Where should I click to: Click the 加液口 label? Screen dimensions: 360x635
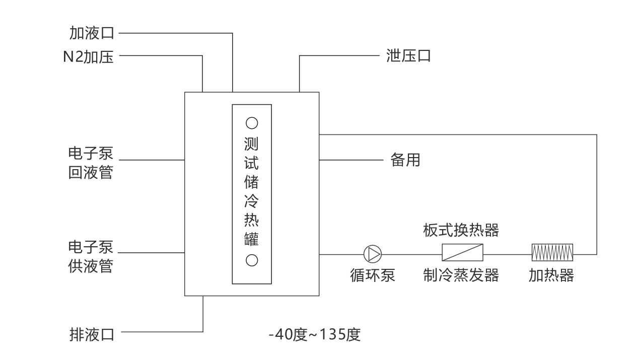92,33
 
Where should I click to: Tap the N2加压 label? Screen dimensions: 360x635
88,56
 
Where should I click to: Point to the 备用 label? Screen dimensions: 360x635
405,160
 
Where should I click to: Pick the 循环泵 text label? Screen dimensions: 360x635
373,275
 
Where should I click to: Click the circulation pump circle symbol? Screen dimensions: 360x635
373,254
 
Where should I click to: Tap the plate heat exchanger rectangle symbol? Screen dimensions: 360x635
462,252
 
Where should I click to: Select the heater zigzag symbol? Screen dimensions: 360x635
552,252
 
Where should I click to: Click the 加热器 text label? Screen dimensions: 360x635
551,275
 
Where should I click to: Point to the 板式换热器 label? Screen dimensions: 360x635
461,230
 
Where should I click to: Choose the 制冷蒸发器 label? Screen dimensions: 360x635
461,275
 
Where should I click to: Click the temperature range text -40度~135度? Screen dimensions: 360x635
315,334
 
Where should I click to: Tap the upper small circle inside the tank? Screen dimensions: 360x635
252,122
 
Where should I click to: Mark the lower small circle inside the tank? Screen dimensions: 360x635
252,260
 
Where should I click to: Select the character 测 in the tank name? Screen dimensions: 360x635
252,145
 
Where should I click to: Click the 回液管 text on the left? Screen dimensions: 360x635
91,172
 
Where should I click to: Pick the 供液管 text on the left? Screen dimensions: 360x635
91,265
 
